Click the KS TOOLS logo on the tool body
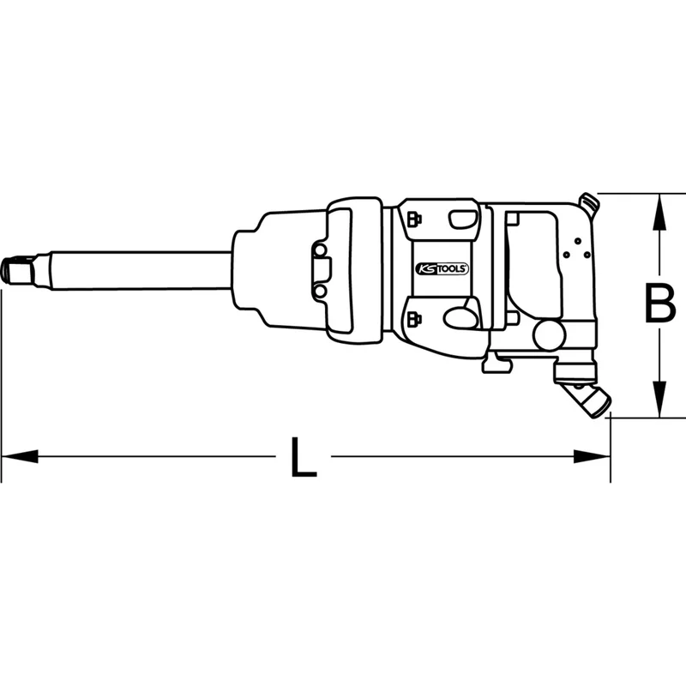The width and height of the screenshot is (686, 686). (442, 268)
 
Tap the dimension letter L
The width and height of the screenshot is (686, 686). (304, 456)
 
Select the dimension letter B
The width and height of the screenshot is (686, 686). (659, 304)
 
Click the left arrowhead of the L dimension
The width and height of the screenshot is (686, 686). (20, 456)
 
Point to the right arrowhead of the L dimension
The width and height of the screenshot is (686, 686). (592, 456)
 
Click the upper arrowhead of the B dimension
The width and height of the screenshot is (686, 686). (659, 212)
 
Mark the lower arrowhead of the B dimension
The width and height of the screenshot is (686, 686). (659, 399)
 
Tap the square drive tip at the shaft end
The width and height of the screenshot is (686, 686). (18, 271)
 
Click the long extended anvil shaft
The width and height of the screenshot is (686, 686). (141, 271)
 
